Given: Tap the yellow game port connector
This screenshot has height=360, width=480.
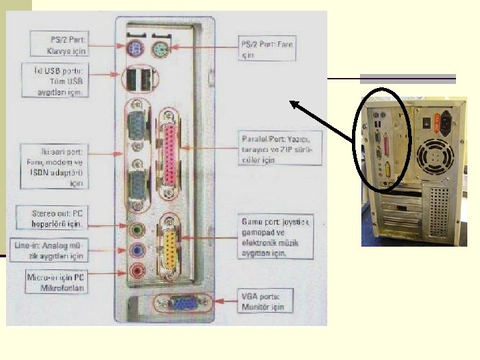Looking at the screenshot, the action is pos(171,245).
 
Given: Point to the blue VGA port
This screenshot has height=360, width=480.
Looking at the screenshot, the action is pos(181,304).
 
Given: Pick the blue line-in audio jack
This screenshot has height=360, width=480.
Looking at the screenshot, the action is pos(137,251).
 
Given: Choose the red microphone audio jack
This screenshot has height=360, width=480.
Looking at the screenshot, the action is pos(137,271).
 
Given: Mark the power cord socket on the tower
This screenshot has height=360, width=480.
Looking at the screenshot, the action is pos(445,123).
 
